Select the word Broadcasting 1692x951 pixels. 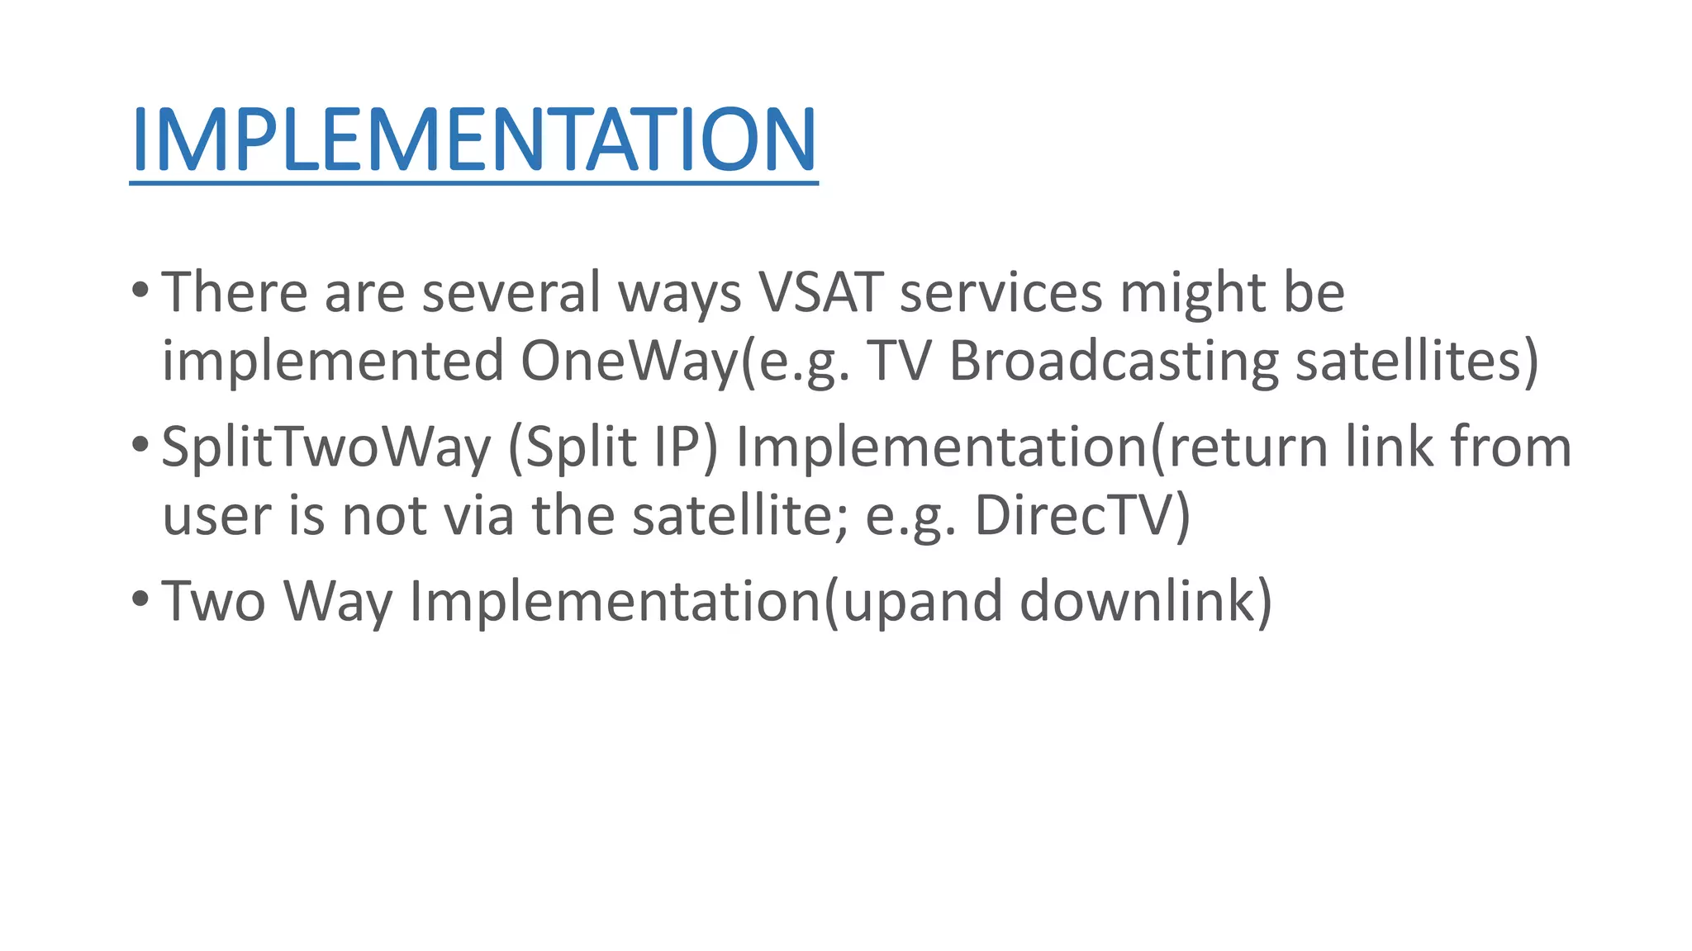(x=1114, y=362)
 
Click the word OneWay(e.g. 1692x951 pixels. (x=685, y=362)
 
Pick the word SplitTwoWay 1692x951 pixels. (x=326, y=447)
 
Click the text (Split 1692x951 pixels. (x=573, y=447)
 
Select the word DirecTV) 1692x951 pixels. (x=1082, y=516)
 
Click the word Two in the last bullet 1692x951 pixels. (x=213, y=601)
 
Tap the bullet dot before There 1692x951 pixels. (x=140, y=291)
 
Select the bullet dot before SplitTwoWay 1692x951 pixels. (x=140, y=446)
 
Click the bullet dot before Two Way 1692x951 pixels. (x=140, y=599)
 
